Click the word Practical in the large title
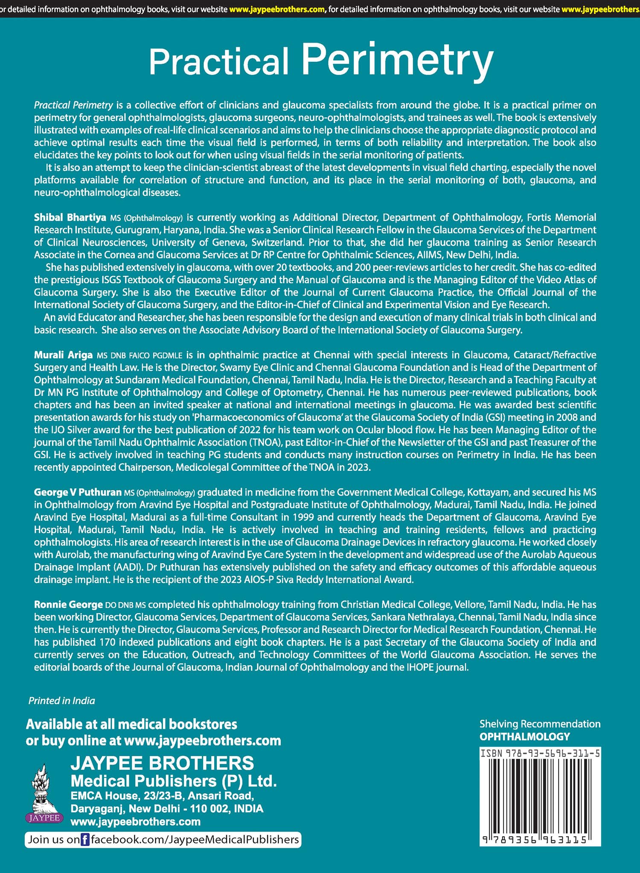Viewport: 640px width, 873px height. click(219, 62)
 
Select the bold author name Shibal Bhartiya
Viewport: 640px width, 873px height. click(70, 218)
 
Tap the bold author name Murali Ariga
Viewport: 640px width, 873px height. click(63, 355)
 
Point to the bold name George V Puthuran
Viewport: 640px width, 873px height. click(78, 492)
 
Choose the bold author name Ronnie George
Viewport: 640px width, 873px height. click(68, 604)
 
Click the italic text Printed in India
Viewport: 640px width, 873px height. click(61, 701)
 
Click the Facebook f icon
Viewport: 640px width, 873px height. click(85, 840)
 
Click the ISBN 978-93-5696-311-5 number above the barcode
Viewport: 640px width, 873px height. click(540, 754)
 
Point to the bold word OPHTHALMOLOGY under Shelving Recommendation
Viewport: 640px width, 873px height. click(524, 737)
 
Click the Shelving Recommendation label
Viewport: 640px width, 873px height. click(540, 724)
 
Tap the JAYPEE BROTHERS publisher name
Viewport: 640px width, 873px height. click(162, 763)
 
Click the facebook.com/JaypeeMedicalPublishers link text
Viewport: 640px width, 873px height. click(195, 840)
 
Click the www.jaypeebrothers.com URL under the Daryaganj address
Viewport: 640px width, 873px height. click(135, 821)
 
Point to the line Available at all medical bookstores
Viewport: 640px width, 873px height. click(131, 724)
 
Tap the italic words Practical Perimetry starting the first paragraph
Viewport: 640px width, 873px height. click(73, 105)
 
